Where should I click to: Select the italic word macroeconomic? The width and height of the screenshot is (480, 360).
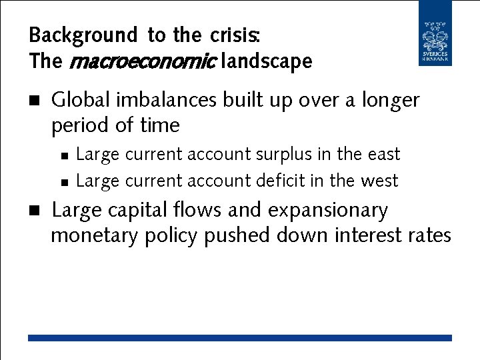pyautogui.click(x=141, y=62)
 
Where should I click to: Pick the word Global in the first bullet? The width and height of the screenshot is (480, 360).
pyautogui.click(x=81, y=100)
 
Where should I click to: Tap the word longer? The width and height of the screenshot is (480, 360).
pyautogui.click(x=391, y=101)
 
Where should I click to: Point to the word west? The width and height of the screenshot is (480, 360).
pyautogui.click(x=379, y=181)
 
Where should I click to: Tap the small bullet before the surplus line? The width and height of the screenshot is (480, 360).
pyautogui.click(x=64, y=155)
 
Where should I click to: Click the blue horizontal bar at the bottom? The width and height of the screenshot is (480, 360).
pyautogui.click(x=240, y=338)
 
